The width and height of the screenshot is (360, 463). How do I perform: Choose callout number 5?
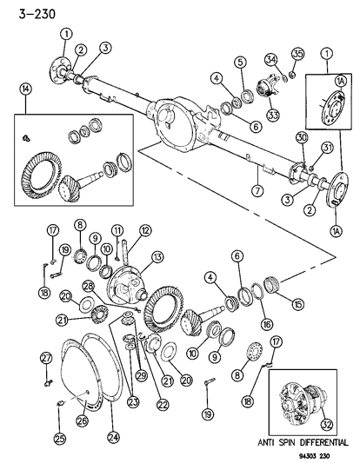pos(239,62)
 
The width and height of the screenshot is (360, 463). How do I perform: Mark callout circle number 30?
pos(300,137)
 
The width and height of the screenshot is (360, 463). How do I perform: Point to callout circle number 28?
pos(89,286)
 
